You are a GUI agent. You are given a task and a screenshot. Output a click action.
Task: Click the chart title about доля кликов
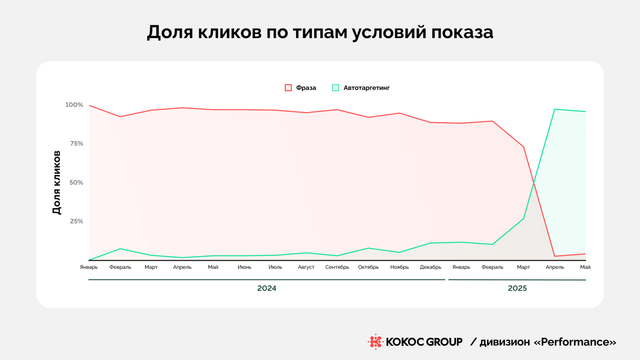[320, 32]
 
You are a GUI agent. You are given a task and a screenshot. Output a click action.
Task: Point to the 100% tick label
[74, 105]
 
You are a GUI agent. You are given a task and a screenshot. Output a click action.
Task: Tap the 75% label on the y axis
[76, 144]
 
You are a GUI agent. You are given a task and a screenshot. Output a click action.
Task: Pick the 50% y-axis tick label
[76, 182]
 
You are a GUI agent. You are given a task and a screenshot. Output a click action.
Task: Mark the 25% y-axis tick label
[76, 221]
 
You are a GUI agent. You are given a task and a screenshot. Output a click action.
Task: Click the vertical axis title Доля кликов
[57, 182]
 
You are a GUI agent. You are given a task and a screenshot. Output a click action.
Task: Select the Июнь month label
[244, 267]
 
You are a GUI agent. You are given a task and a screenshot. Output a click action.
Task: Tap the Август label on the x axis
[306, 267]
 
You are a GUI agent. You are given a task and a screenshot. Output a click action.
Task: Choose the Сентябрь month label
[337, 267]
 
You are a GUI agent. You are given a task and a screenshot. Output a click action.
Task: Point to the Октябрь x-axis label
[368, 267]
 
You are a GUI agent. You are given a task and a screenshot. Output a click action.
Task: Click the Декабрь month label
[430, 267]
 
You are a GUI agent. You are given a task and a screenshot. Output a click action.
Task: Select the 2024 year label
[267, 288]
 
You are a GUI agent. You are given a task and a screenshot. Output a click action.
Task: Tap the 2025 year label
[517, 288]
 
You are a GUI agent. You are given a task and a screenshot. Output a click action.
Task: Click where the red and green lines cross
[534, 183]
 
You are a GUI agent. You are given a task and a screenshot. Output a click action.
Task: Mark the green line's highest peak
[555, 109]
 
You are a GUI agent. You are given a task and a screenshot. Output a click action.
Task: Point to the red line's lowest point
[555, 256]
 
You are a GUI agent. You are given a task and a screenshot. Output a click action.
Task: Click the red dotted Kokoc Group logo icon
[375, 342]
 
